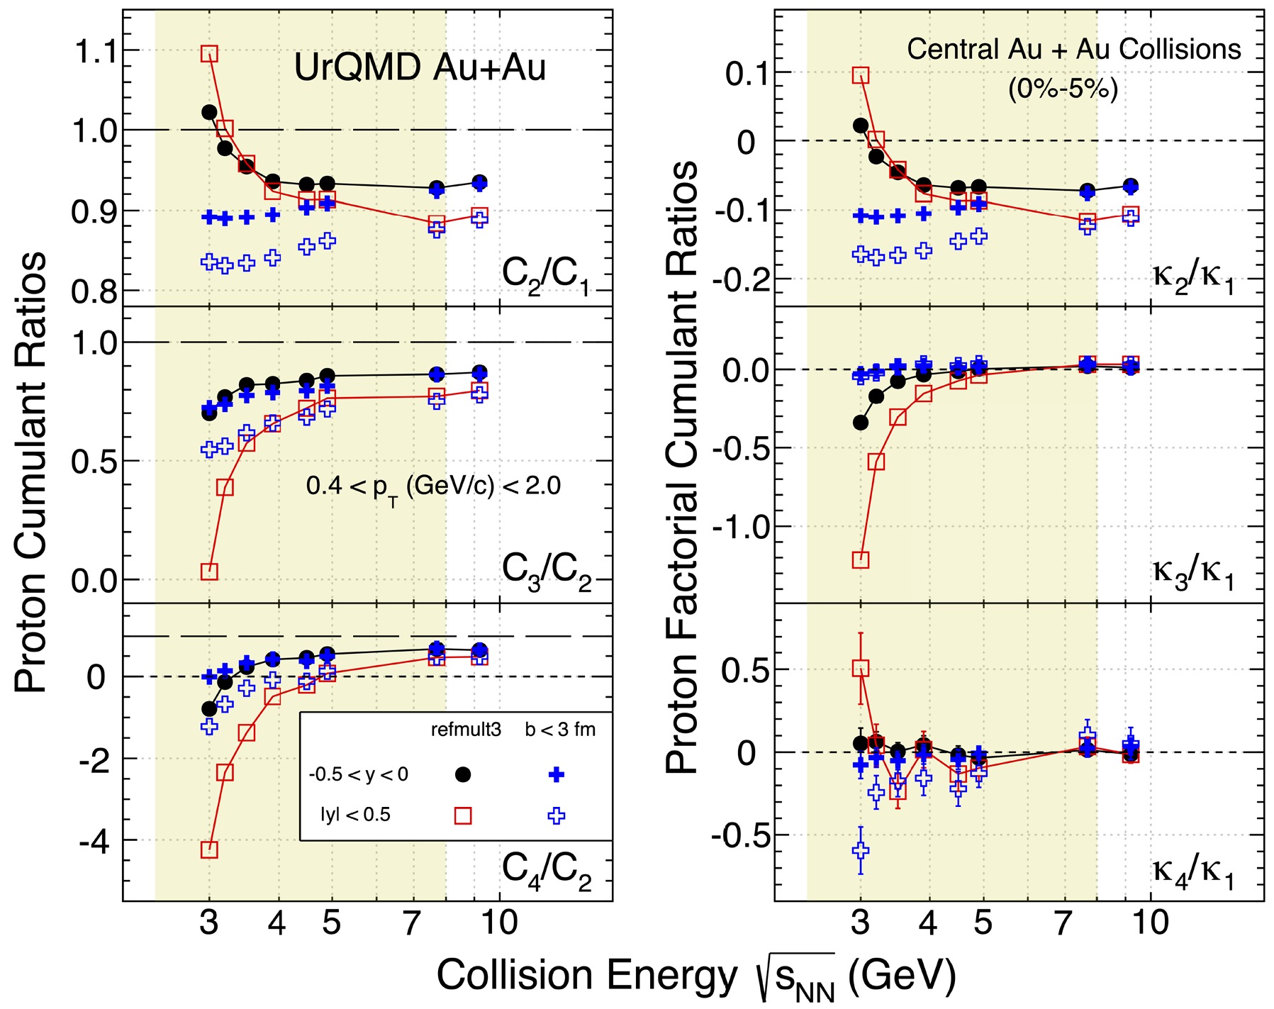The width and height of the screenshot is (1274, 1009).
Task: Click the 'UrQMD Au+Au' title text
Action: coord(420,68)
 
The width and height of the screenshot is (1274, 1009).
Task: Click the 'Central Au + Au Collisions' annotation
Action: coord(1073,49)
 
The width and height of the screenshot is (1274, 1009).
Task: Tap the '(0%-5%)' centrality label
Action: coord(1063,89)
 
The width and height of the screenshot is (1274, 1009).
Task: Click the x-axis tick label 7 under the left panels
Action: coord(412,922)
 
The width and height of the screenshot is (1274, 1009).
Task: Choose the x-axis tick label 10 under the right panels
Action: coord(1149,922)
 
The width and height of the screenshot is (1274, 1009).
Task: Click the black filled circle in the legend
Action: coord(462,775)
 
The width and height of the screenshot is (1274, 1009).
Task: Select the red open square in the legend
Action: coord(462,815)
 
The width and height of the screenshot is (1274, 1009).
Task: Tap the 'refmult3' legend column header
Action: coord(466,730)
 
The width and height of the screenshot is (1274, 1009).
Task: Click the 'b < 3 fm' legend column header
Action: coord(560,730)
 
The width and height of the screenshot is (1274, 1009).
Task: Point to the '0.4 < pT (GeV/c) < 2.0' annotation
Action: coord(433,486)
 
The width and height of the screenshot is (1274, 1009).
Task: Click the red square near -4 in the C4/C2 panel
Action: coord(209,849)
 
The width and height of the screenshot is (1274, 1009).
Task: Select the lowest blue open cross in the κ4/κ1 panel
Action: coord(861,849)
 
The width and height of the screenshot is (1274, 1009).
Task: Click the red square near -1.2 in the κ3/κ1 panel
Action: coord(861,560)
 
